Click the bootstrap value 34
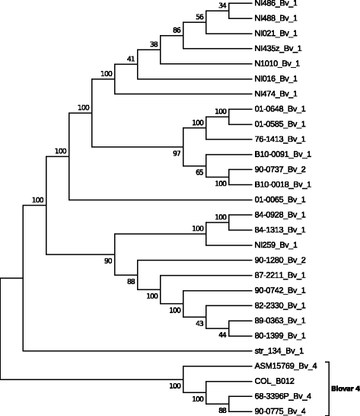coord(222,7)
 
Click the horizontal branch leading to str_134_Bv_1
coord(137,351)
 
